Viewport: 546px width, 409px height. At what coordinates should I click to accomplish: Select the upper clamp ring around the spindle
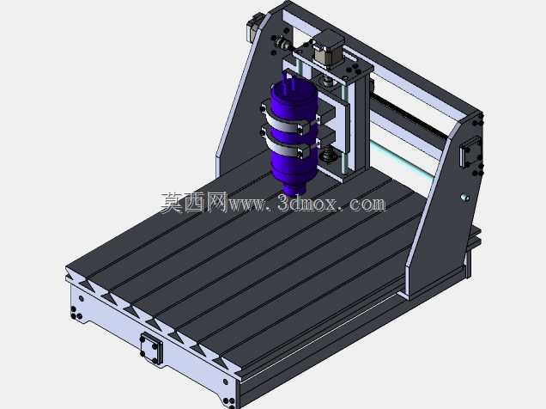[291, 122]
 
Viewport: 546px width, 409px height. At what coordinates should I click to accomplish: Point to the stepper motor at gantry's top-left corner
[254, 27]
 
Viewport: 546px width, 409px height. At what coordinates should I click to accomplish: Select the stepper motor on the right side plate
[470, 152]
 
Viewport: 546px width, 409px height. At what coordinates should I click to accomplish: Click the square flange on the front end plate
[151, 348]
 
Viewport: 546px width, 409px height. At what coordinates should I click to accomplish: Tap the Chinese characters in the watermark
[194, 203]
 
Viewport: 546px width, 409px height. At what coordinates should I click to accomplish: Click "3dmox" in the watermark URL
[308, 203]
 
